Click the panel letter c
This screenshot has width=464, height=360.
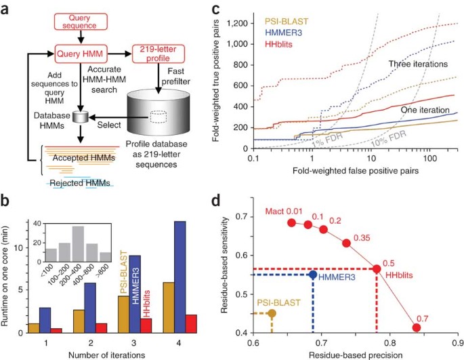point(252,11)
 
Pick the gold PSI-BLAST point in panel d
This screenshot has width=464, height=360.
point(272,313)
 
